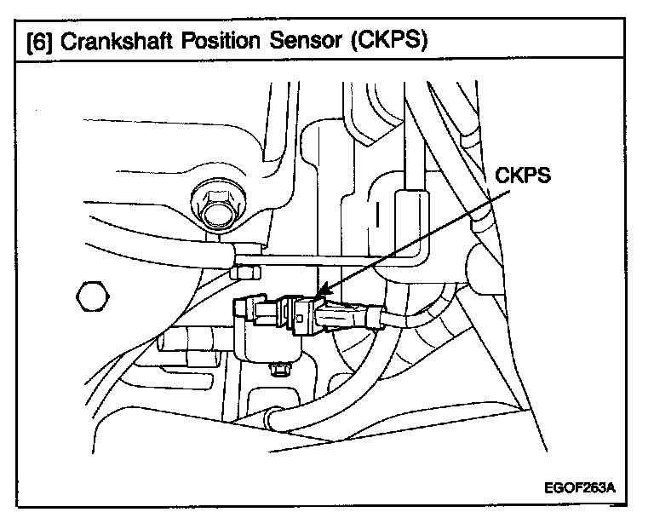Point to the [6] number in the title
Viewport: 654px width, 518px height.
(37, 41)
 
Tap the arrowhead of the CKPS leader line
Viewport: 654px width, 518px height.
(318, 297)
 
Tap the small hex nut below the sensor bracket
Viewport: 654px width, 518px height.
(277, 370)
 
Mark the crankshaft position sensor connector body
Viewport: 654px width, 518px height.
(294, 315)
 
